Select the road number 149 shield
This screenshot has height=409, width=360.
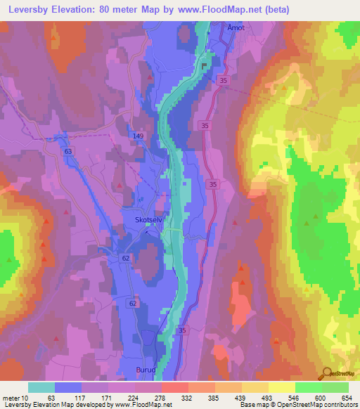(x=139, y=135)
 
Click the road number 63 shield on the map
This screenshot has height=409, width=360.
(x=68, y=150)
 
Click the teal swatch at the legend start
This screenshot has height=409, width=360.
(x=41, y=387)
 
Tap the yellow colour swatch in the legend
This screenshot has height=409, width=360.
(x=281, y=387)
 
